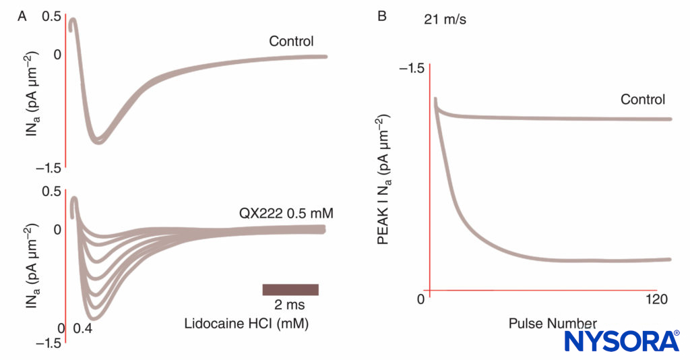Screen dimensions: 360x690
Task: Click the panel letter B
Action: [382, 16]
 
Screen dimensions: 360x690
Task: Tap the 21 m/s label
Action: [445, 20]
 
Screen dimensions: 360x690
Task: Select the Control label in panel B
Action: [643, 100]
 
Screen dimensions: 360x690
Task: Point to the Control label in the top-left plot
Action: [291, 41]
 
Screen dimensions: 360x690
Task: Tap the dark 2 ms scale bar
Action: [290, 289]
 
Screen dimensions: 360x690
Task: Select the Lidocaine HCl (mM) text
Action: [246, 324]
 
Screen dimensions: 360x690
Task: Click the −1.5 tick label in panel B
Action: [411, 69]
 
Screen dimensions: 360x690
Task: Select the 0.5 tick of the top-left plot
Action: [51, 16]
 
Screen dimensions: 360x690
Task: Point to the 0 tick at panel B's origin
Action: [420, 299]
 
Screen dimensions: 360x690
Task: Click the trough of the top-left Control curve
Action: [99, 141]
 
